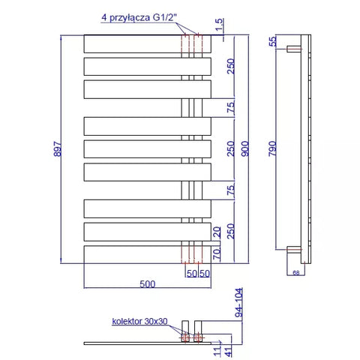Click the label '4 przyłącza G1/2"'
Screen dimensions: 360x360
(x=139, y=17)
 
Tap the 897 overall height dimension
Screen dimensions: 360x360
(x=58, y=149)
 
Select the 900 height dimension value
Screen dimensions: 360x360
(x=245, y=148)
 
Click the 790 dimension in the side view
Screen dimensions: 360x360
(x=272, y=148)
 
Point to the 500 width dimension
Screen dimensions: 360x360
(x=148, y=284)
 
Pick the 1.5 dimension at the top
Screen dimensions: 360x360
(x=219, y=25)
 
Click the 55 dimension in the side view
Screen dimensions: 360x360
(x=272, y=41)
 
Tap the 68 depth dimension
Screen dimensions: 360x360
(x=296, y=273)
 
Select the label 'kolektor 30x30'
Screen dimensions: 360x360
(x=139, y=321)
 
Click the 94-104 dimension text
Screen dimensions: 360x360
(x=239, y=302)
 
